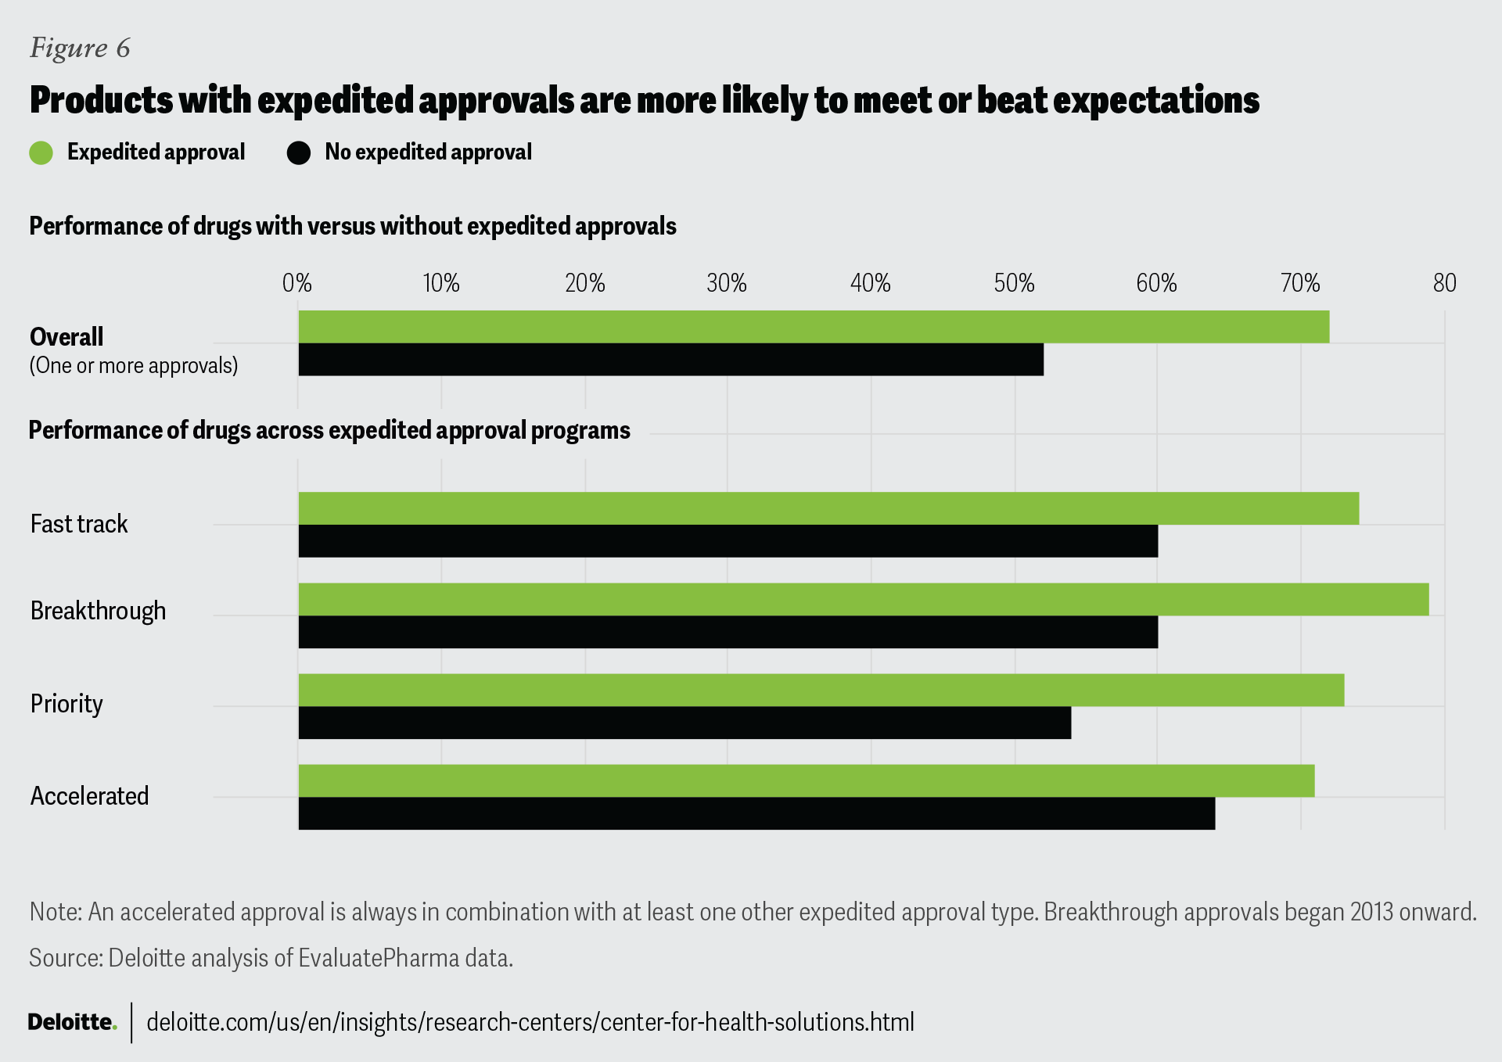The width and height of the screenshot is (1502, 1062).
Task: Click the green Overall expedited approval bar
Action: [814, 327]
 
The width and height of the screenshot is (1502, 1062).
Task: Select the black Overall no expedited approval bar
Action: [670, 360]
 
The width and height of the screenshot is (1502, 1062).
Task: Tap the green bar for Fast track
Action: [828, 508]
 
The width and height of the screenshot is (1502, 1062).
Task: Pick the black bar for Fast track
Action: [728, 541]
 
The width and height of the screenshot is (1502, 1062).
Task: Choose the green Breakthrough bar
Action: [863, 599]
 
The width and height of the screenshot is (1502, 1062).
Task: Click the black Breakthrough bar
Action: [728, 632]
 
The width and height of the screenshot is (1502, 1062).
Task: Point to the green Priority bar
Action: [821, 690]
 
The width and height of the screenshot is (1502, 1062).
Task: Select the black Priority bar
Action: [685, 723]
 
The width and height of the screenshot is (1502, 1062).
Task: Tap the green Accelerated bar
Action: [806, 780]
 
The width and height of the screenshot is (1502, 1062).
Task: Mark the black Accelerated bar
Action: [756, 813]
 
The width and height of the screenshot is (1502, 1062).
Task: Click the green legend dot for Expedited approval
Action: [41, 152]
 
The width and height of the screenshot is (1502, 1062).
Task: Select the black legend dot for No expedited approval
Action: [299, 152]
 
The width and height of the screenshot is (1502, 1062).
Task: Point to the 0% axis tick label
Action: [297, 283]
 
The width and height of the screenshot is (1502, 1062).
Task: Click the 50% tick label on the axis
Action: [1014, 283]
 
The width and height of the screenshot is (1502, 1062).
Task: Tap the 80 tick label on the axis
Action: [1444, 283]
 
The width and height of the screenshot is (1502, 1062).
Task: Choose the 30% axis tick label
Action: [727, 283]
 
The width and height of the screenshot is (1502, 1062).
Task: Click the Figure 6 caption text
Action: [80, 48]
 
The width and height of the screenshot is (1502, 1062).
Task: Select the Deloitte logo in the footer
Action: [72, 1022]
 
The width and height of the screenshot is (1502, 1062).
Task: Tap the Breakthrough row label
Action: [98, 611]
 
